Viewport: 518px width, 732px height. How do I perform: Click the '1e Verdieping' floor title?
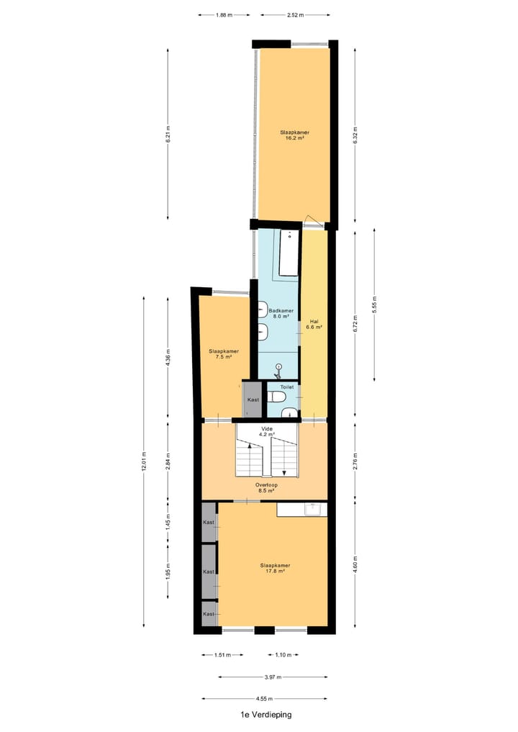pyautogui.click(x=267, y=715)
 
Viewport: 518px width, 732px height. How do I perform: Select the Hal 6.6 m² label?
pyautogui.click(x=314, y=324)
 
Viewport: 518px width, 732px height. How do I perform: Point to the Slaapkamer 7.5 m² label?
pyautogui.click(x=224, y=354)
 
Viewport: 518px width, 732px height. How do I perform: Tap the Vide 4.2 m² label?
pyautogui.click(x=268, y=431)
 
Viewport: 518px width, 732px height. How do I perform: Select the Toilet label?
pyautogui.click(x=287, y=387)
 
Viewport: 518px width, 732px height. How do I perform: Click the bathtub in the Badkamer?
pyautogui.click(x=289, y=252)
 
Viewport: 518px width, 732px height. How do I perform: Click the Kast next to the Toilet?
pyautogui.click(x=253, y=400)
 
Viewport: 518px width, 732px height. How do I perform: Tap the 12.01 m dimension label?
pyautogui.click(x=144, y=461)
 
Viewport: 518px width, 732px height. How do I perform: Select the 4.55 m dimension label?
pyautogui.click(x=264, y=698)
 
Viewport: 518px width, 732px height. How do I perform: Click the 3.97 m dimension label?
pyautogui.click(x=273, y=677)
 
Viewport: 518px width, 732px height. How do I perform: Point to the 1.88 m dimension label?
pyautogui.click(x=224, y=14)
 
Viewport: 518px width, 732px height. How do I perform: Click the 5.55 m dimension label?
pyautogui.click(x=375, y=305)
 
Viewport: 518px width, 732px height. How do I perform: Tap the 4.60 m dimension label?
pyautogui.click(x=355, y=559)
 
